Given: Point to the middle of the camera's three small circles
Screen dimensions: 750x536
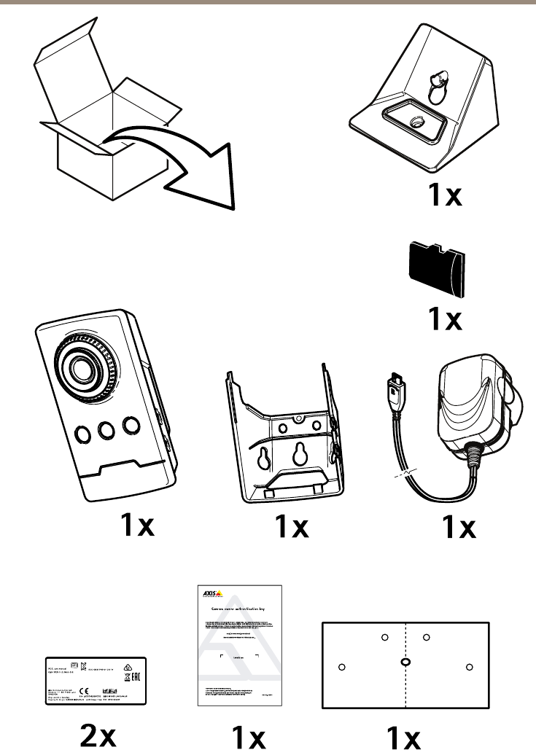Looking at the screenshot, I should [x=106, y=431].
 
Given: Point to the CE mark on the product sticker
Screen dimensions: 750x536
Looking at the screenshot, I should [x=84, y=690].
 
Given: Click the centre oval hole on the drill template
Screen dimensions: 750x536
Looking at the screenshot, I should [x=405, y=663].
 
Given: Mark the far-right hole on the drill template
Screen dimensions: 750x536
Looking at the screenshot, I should [x=469, y=666].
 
